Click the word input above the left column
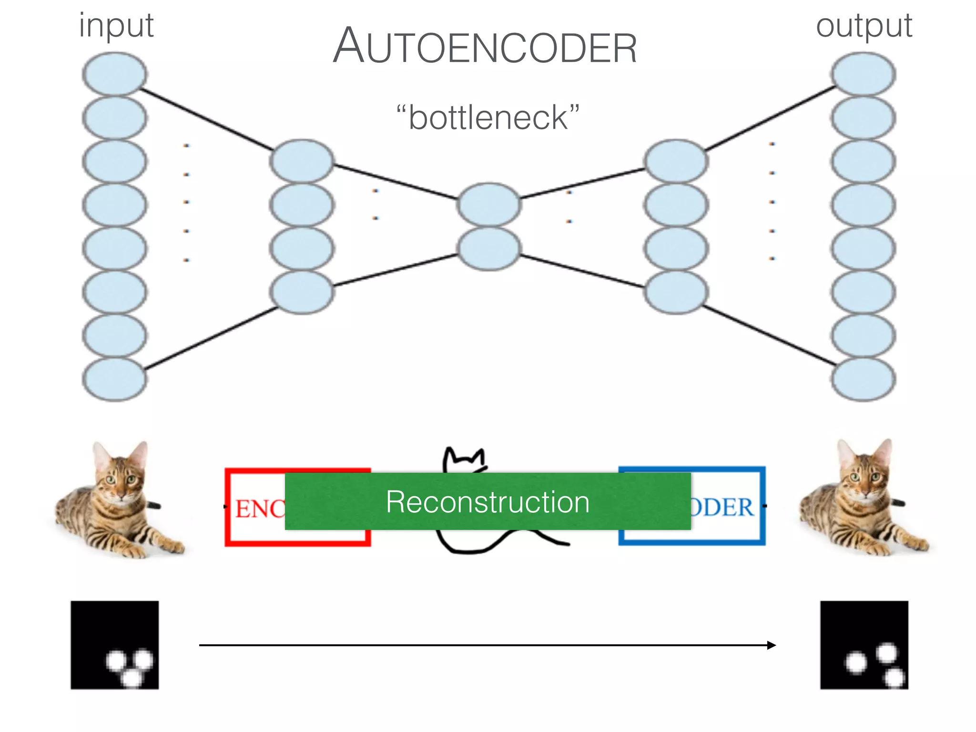pyautogui.click(x=116, y=26)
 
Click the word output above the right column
pyautogui.click(x=864, y=26)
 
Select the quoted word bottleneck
pyautogui.click(x=488, y=117)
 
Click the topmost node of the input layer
pyautogui.click(x=114, y=74)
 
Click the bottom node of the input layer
pyautogui.click(x=114, y=379)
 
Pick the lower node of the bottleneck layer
pyautogui.click(x=488, y=248)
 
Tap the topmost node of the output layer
pyautogui.click(x=863, y=74)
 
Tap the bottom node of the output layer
pyautogui.click(x=863, y=379)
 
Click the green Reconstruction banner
pyautogui.click(x=488, y=501)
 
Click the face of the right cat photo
pyautogui.click(x=864, y=479)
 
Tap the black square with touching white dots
pyautogui.click(x=115, y=645)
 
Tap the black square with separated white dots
pyautogui.click(x=864, y=645)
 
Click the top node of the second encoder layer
pyautogui.click(x=302, y=161)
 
